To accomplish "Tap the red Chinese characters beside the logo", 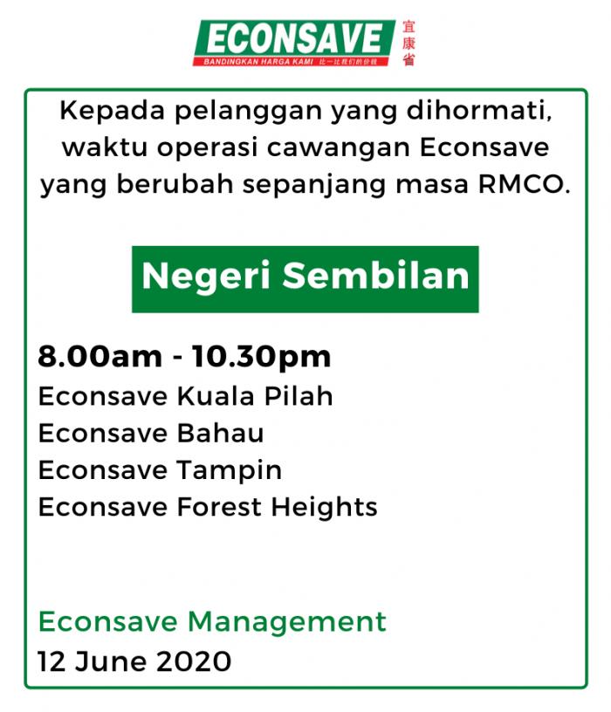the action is (408, 43).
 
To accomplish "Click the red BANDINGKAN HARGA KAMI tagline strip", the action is (291, 61).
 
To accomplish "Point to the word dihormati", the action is (479, 110).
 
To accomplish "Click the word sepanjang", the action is (313, 185).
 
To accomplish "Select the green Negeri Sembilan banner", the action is (305, 279).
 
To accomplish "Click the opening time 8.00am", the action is (100, 357).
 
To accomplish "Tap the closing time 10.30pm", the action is (261, 358).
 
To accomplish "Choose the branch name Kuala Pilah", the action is (255, 396).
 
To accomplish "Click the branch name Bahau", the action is (220, 433).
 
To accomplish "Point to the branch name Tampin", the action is (230, 471).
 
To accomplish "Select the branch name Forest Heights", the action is (277, 507).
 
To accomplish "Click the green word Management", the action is (287, 622).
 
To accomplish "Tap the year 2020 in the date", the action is (194, 661).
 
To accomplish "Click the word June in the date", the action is (111, 661).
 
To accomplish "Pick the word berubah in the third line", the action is (175, 184).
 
